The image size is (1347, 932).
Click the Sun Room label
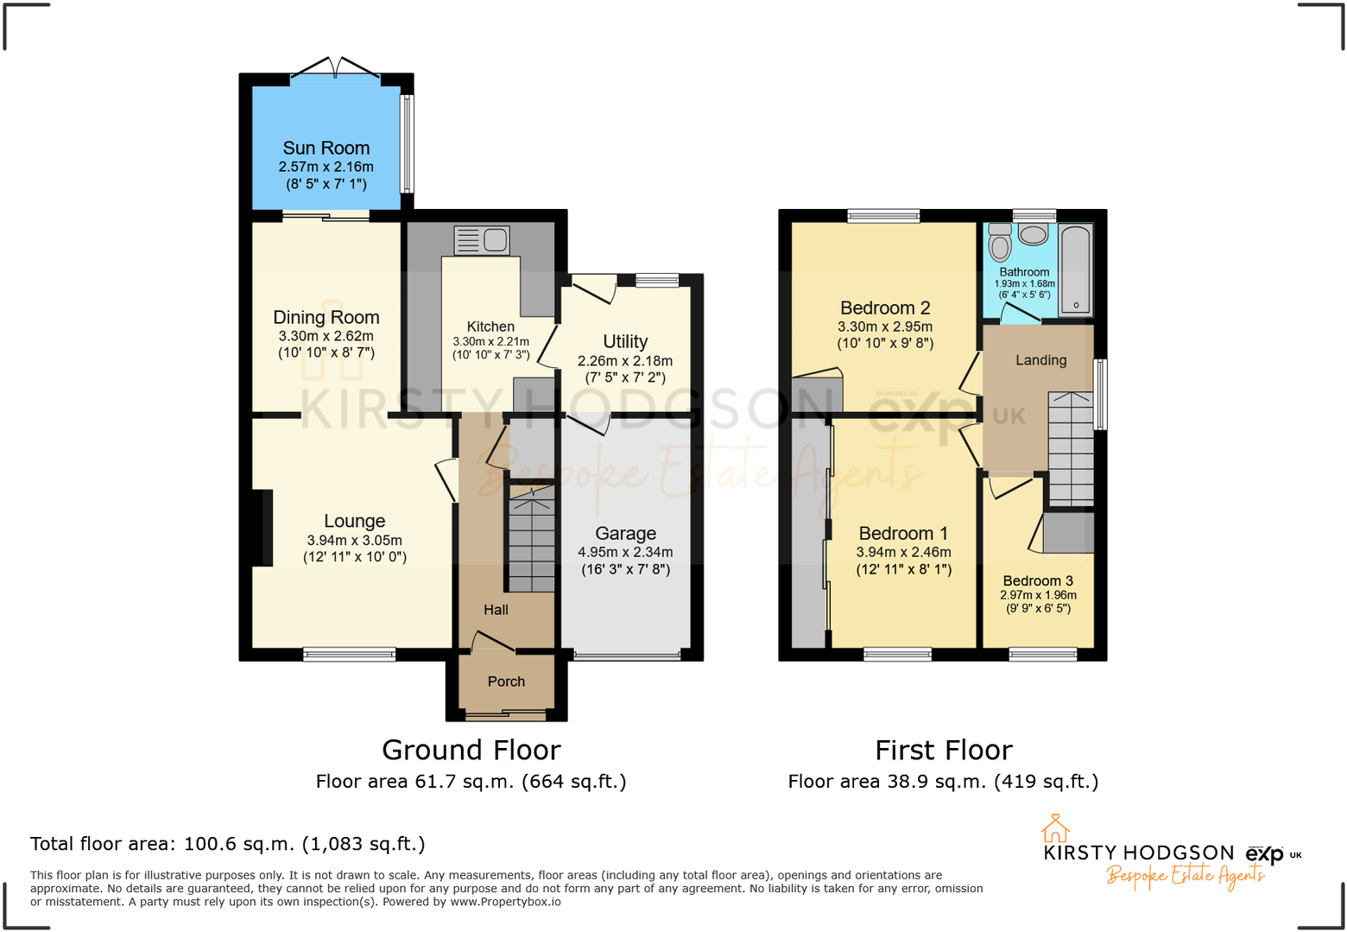[326, 149]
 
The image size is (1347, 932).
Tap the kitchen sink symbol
[482, 240]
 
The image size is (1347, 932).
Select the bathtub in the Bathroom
[1075, 269]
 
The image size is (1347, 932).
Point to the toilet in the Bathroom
[1000, 244]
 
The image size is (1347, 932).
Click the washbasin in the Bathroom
[1033, 234]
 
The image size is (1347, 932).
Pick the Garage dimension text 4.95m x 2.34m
[625, 552]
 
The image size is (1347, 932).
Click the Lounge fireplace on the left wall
[262, 528]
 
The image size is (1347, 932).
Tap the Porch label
[506, 682]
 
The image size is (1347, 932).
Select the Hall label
[496, 610]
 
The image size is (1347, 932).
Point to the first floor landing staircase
[1071, 449]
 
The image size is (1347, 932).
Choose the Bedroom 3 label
[1038, 580]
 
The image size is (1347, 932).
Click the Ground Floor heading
[471, 750]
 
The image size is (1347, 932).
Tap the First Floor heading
[943, 750]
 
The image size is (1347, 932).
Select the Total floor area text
[228, 844]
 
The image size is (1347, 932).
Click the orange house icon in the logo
[1054, 828]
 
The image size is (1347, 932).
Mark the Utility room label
[625, 342]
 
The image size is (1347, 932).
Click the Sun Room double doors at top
[335, 69]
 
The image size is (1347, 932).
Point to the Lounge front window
[349, 655]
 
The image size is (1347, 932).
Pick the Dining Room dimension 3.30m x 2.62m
[326, 336]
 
